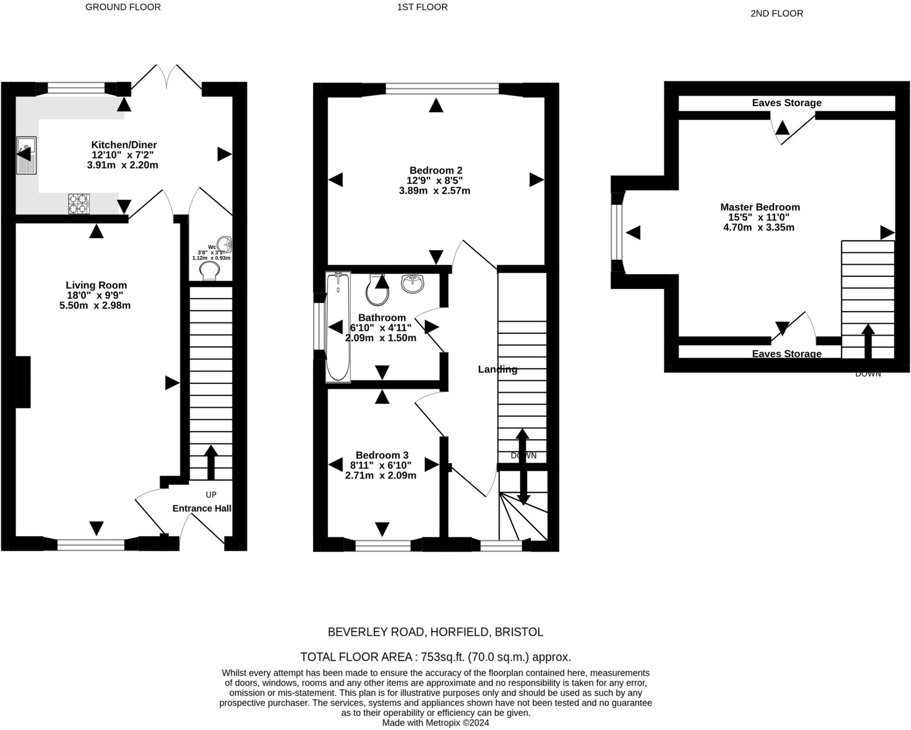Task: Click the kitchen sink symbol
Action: pyautogui.click(x=26, y=155)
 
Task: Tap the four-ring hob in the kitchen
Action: pyautogui.click(x=79, y=204)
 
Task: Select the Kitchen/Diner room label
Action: pyautogui.click(x=124, y=145)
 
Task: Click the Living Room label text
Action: pyautogui.click(x=97, y=285)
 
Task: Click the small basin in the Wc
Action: pyautogui.click(x=226, y=244)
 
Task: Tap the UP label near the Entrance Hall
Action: pyautogui.click(x=211, y=495)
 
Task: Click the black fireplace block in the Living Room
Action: pyautogui.click(x=23, y=382)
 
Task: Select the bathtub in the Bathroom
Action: pyautogui.click(x=338, y=327)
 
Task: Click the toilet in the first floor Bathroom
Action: pyautogui.click(x=377, y=289)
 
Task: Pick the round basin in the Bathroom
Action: pyautogui.click(x=412, y=284)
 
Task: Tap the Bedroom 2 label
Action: pyautogui.click(x=436, y=170)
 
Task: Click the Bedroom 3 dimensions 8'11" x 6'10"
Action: pyautogui.click(x=381, y=465)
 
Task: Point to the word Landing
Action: pyautogui.click(x=498, y=369)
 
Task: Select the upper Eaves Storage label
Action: pyautogui.click(x=787, y=103)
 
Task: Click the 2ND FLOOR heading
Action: pyautogui.click(x=777, y=13)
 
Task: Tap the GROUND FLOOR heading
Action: pyautogui.click(x=123, y=7)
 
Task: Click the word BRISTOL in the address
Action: pyautogui.click(x=519, y=632)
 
